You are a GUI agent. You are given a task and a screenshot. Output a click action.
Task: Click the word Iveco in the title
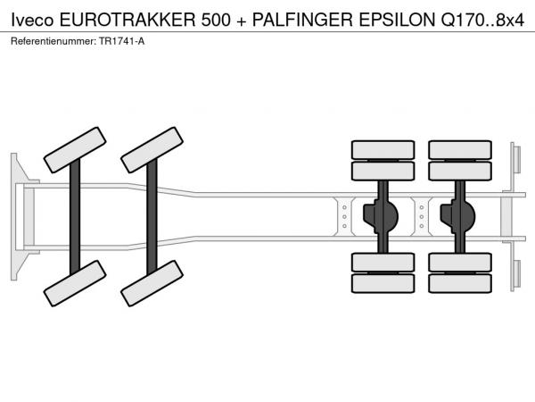tap(32, 21)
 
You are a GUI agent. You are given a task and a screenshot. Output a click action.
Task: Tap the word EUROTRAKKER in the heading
tap(128, 21)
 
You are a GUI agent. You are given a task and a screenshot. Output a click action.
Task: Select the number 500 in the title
tap(216, 21)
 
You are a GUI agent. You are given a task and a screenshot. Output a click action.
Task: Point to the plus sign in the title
tap(242, 21)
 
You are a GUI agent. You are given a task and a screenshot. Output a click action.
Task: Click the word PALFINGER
tap(302, 21)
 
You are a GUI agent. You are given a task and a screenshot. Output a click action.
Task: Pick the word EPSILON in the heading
tap(397, 21)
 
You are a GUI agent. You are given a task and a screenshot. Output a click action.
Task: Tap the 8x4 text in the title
tap(510, 21)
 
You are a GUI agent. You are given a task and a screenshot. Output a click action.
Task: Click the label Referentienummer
tap(53, 41)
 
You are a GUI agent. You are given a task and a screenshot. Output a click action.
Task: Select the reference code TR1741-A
tap(122, 41)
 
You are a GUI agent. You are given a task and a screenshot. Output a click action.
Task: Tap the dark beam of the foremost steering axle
tap(75, 217)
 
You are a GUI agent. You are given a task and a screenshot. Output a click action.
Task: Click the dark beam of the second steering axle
tap(152, 217)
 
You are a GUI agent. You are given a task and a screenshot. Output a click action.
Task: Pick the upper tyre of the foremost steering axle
tap(75, 150)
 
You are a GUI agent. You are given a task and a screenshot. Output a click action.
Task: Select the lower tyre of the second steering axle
tap(152, 283)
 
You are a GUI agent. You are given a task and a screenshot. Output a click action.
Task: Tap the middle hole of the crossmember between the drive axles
tap(422, 217)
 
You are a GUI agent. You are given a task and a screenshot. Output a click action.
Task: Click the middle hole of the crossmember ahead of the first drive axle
tap(344, 217)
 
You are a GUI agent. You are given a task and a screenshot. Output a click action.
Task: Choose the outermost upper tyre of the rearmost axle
tap(460, 150)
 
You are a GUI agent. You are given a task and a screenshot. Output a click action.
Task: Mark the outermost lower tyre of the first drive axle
tap(383, 283)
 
